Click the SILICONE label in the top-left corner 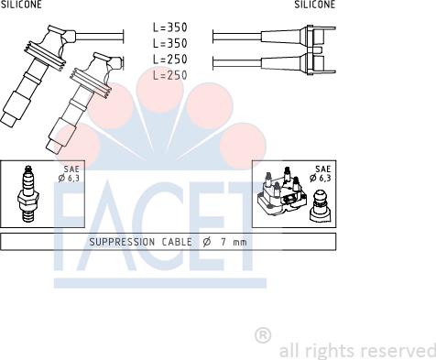pyautogui.click(x=21, y=5)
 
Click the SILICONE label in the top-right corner pyautogui.click(x=314, y=5)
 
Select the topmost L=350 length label pyautogui.click(x=169, y=28)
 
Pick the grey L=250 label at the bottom pyautogui.click(x=169, y=74)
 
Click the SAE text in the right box pyautogui.click(x=322, y=169)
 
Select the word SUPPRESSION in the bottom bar pyautogui.click(x=122, y=242)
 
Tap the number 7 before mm pyautogui.click(x=222, y=242)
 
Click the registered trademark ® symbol pyautogui.click(x=262, y=335)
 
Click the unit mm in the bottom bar pyautogui.click(x=240, y=242)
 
